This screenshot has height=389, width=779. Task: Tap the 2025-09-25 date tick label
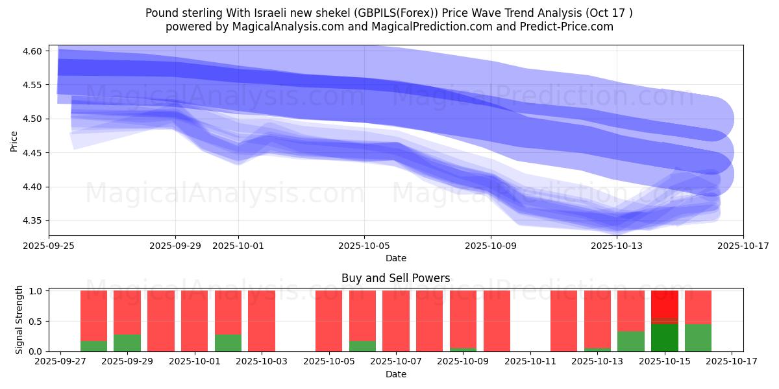[49, 246]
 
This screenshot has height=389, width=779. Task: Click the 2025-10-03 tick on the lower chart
[262, 362]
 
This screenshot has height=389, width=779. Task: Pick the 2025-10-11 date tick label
[530, 362]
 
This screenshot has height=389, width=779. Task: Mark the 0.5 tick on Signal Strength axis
[36, 322]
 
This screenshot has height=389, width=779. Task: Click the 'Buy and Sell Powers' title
[395, 278]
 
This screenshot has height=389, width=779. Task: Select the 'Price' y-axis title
[14, 141]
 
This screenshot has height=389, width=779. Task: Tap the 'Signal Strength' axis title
[19, 320]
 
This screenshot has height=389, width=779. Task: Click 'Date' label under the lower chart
[395, 374]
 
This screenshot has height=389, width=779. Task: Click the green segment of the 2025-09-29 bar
[127, 343]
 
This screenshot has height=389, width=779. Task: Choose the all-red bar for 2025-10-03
[262, 321]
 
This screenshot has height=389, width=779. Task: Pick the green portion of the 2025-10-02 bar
[228, 343]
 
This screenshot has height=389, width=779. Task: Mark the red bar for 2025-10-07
[396, 321]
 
